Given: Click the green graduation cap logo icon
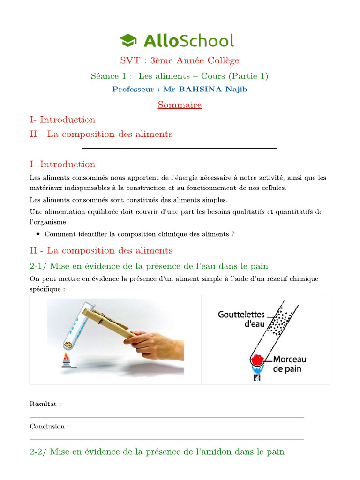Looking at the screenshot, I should point(128,41).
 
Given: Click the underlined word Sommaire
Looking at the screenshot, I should point(180,105).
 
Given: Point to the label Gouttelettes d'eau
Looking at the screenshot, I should point(241,319).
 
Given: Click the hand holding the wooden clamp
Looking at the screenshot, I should point(155,346).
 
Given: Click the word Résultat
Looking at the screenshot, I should point(45,404).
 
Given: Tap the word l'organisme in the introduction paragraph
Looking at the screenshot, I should point(49,222).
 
